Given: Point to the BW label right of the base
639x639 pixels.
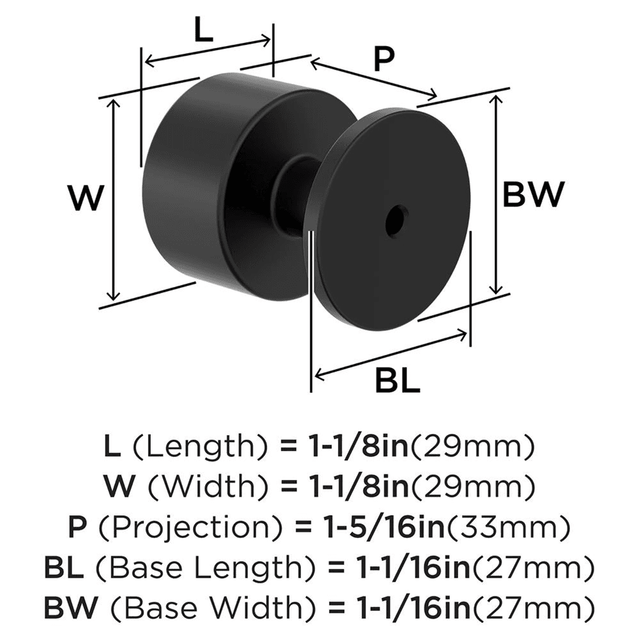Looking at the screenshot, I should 534,194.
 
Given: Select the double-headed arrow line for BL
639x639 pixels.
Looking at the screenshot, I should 390,353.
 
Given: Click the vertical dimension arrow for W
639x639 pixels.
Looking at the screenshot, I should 114,199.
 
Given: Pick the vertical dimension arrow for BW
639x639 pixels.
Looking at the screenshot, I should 497,194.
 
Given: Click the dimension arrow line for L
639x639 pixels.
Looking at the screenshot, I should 208,50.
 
